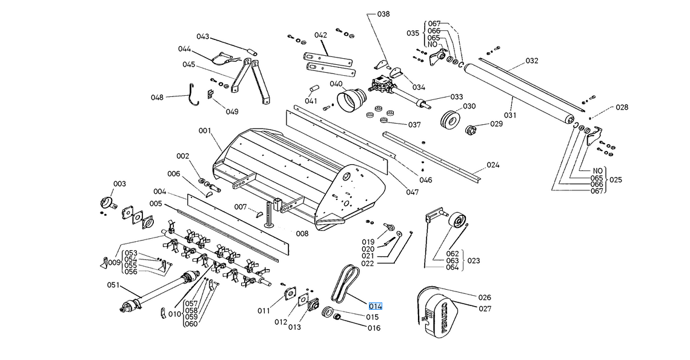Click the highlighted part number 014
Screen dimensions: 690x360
point(376,306)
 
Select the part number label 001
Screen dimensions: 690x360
point(205,131)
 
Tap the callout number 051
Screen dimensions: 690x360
point(113,285)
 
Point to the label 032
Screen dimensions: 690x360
point(531,61)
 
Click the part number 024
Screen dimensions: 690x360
point(493,165)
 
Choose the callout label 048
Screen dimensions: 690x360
point(157,97)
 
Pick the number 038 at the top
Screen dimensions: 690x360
point(383,14)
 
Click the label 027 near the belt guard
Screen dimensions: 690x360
point(485,309)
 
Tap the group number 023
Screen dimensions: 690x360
point(474,261)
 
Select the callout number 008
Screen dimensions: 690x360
point(302,234)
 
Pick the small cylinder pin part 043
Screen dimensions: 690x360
point(252,51)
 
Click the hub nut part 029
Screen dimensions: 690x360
point(471,129)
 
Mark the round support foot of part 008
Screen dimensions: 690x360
point(269,225)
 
